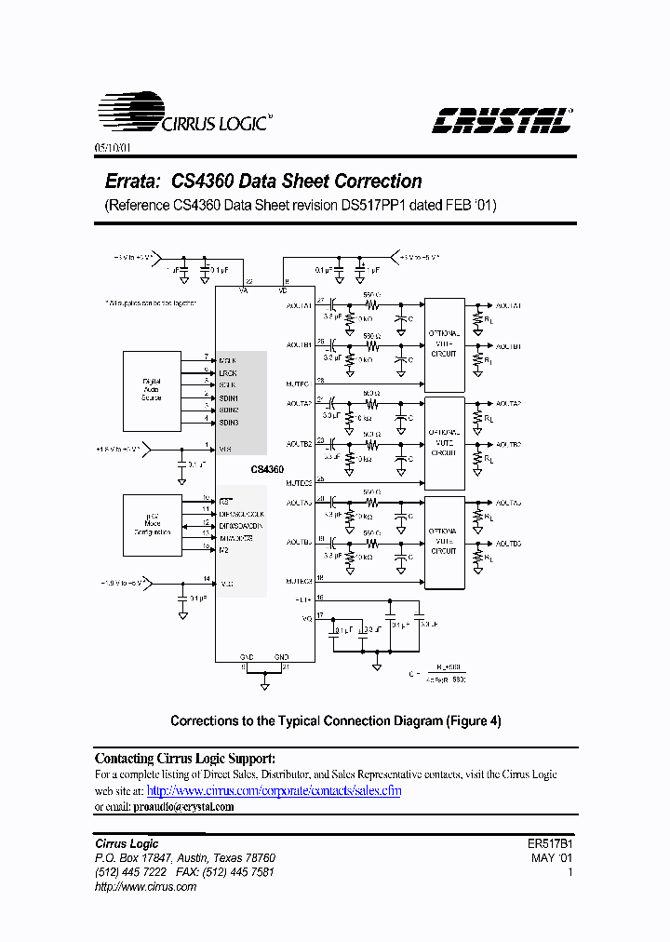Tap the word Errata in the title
[x=128, y=182]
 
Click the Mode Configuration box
[x=152, y=525]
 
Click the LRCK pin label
[x=228, y=371]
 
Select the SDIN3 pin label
[x=229, y=423]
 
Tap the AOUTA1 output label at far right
[x=508, y=305]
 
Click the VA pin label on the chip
[x=244, y=289]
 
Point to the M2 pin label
[x=224, y=550]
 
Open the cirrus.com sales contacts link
[x=275, y=790]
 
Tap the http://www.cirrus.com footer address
[x=146, y=887]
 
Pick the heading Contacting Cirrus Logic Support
[x=185, y=758]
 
